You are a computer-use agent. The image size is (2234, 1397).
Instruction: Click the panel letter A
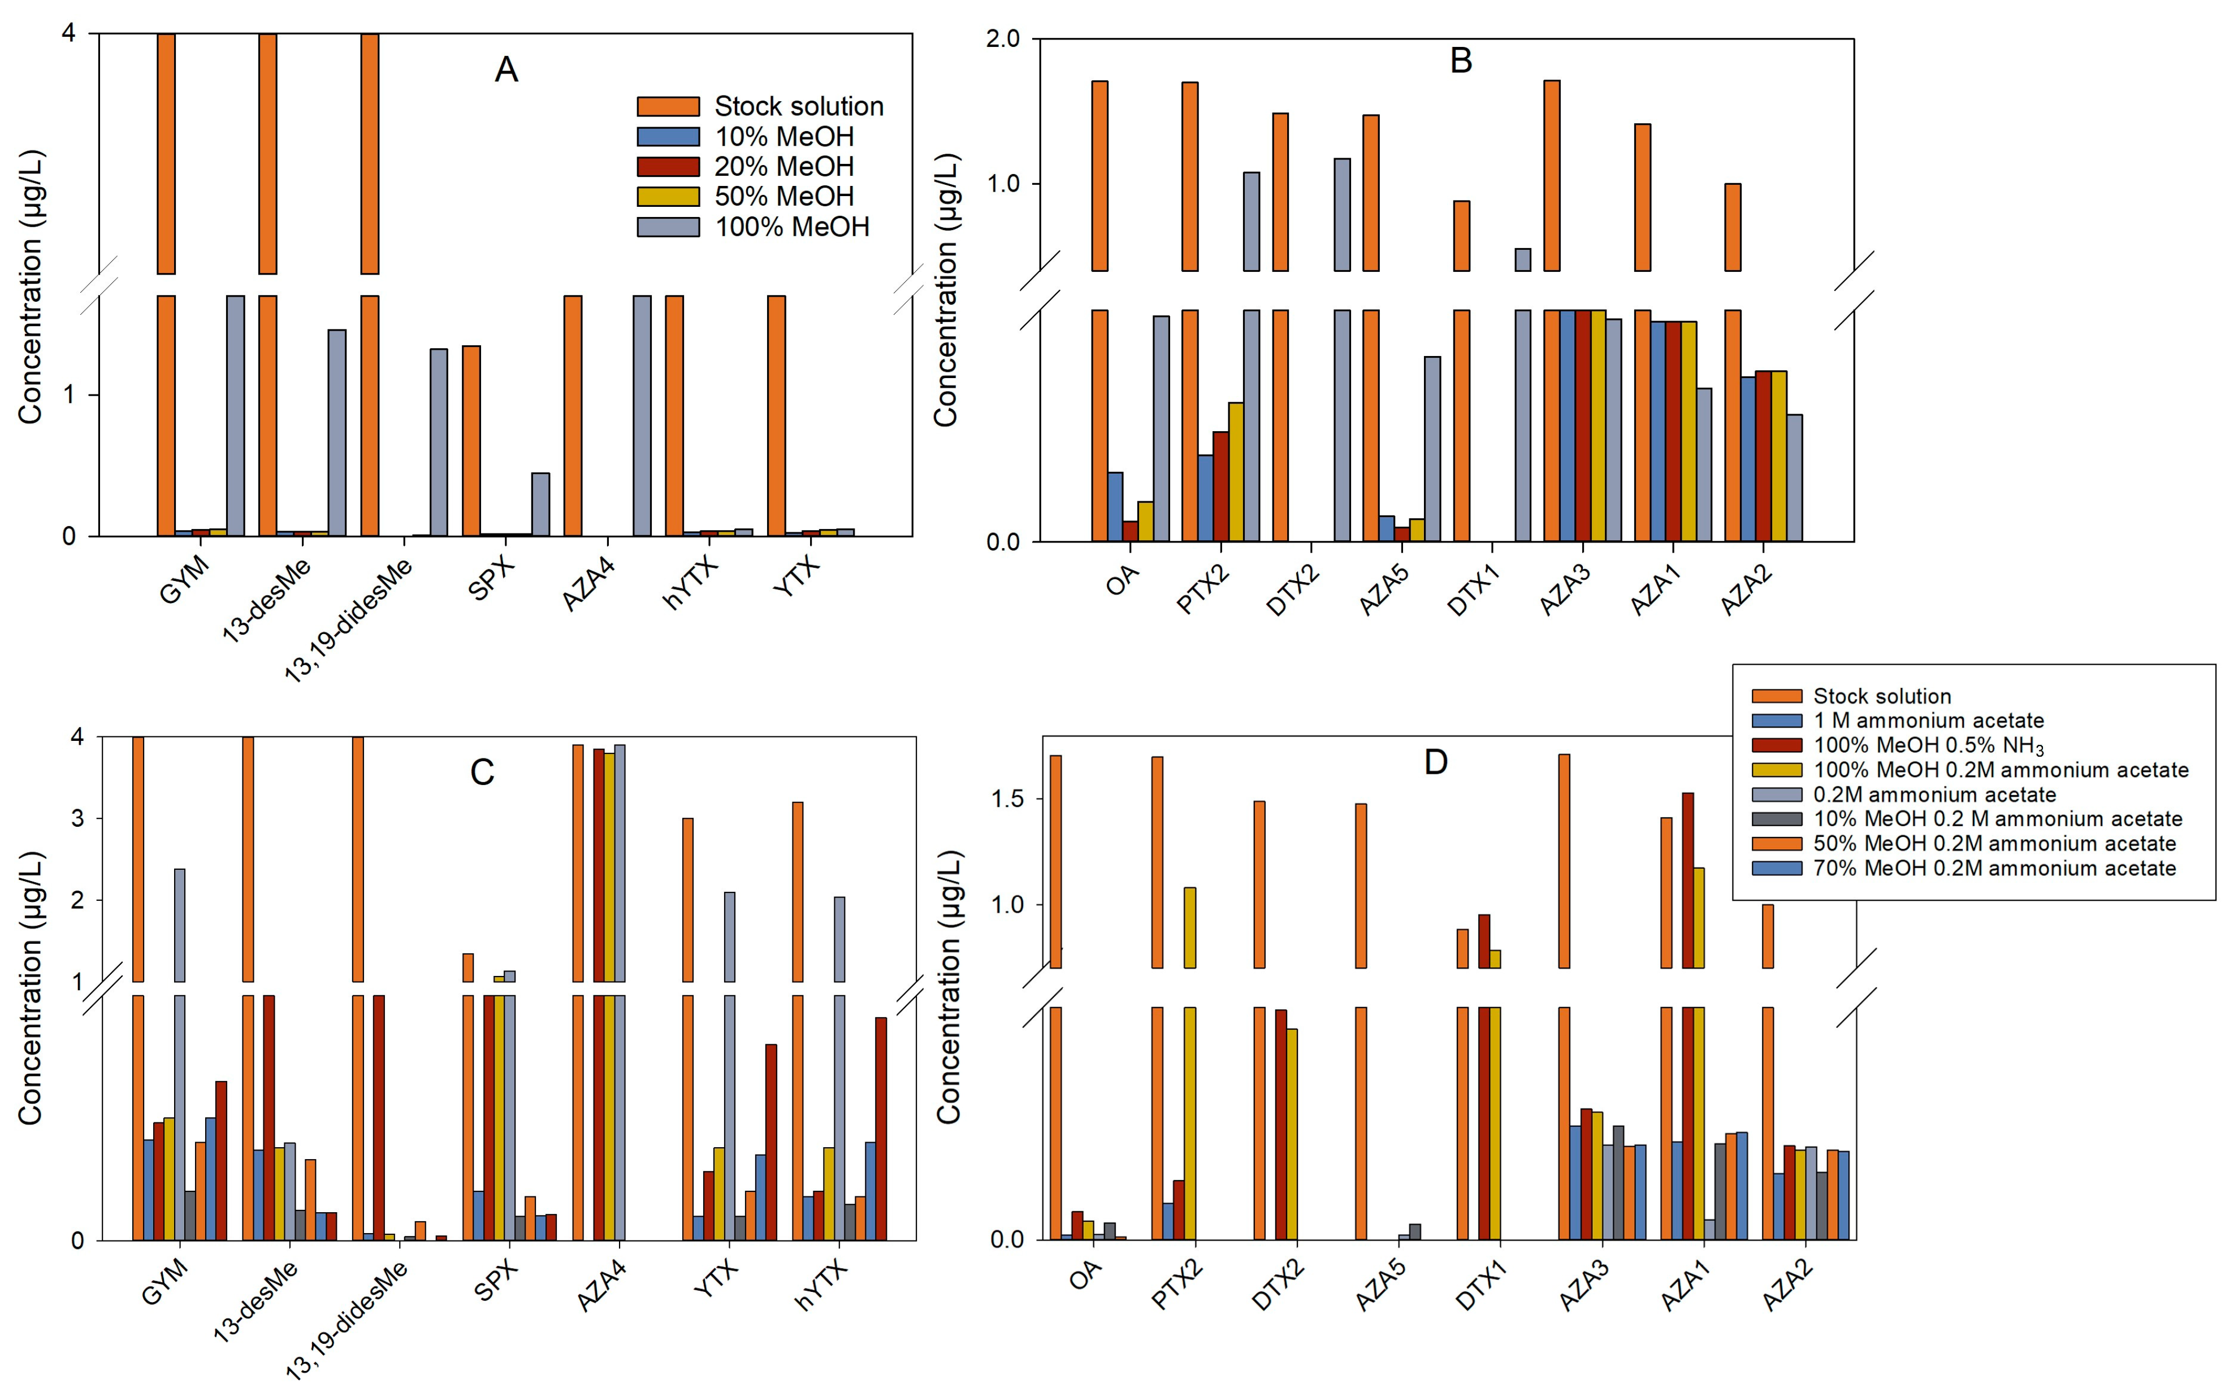coord(506,70)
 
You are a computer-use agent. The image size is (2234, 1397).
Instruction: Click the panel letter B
coord(1461,61)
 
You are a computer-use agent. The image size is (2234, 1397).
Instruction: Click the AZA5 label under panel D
coord(1381,1285)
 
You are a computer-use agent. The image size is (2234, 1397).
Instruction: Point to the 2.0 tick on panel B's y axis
coord(1003,39)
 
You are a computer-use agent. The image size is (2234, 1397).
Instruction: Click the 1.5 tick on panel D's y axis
coord(1008,799)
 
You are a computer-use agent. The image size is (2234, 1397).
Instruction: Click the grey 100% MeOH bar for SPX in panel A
coord(540,505)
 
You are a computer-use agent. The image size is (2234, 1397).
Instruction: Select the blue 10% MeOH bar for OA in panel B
coord(1115,506)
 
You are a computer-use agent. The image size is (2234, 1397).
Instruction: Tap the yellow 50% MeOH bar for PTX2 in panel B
coord(1235,471)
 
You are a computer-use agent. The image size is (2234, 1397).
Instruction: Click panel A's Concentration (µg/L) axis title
coord(31,287)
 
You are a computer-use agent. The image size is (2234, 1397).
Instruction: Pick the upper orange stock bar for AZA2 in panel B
coord(1733,227)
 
